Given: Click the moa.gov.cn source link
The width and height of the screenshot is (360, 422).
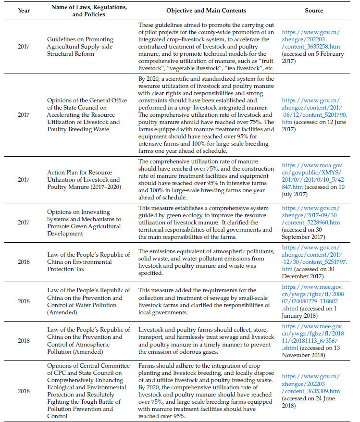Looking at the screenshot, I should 313,174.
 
